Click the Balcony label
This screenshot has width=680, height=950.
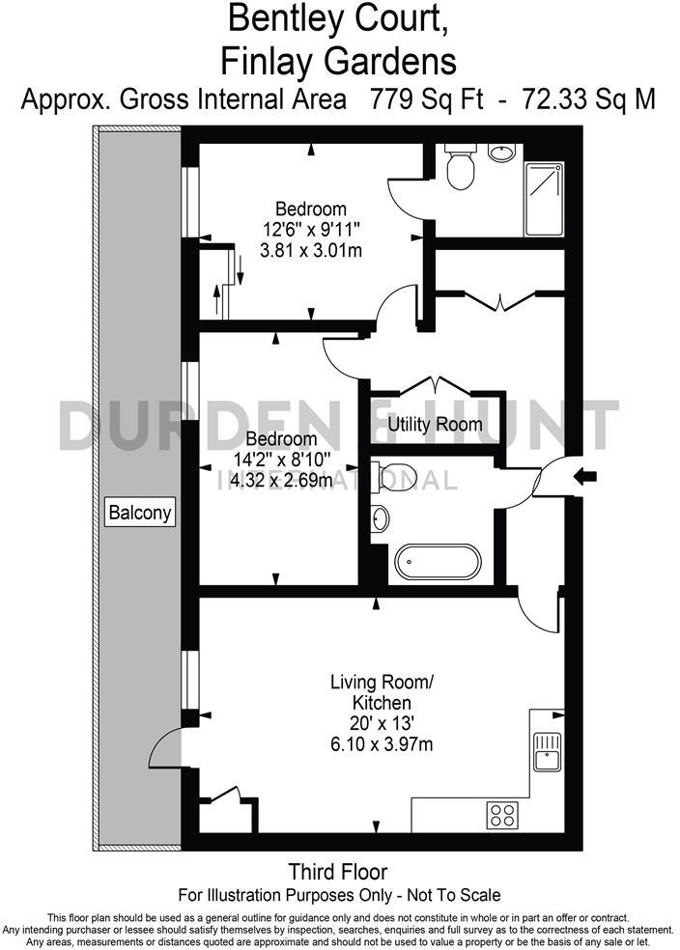point(140,512)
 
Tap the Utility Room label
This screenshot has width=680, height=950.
point(435,424)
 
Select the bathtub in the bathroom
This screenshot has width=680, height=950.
point(439,562)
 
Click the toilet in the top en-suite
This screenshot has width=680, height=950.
point(461,170)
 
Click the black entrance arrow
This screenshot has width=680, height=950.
point(586,475)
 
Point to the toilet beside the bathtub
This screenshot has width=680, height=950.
point(396,474)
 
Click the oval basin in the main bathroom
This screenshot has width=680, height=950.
point(381,518)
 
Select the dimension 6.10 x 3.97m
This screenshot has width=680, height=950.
point(382,743)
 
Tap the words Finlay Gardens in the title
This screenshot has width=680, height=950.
point(339,62)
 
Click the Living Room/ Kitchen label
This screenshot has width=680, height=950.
point(382,692)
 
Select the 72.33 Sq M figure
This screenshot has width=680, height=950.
point(588,99)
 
